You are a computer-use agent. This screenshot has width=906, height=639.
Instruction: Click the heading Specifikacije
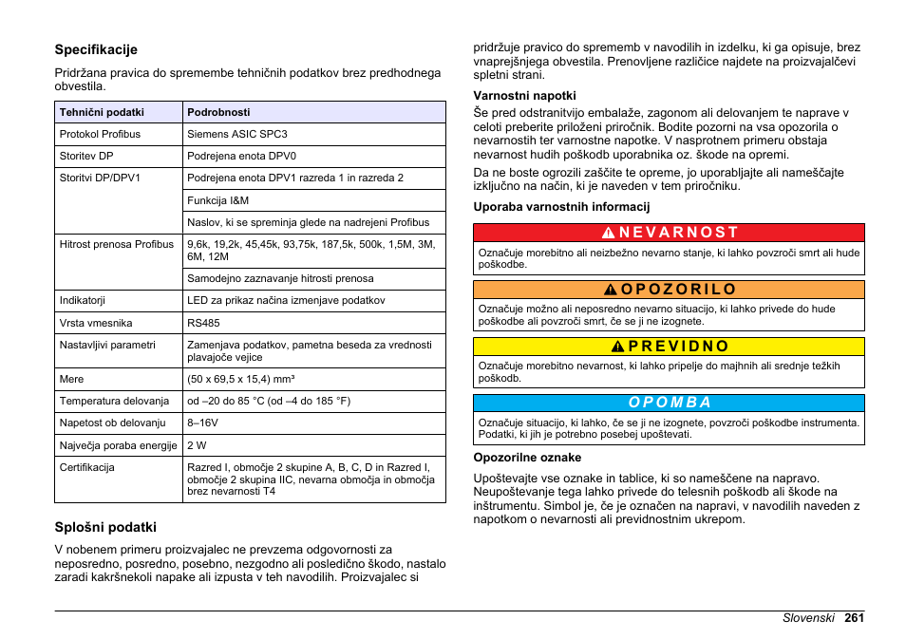[96, 49]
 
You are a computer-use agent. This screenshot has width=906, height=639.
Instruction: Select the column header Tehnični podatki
[102, 112]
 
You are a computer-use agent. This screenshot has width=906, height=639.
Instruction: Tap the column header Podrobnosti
[218, 112]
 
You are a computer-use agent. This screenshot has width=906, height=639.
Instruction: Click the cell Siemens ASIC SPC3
[237, 134]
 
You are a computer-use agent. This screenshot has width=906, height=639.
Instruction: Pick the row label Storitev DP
[86, 156]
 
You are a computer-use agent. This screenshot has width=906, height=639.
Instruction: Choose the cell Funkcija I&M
[218, 200]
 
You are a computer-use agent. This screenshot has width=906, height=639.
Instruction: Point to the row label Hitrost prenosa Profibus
[117, 244]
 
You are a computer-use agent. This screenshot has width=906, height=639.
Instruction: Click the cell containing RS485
[204, 323]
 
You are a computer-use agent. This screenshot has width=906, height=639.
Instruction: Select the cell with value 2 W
[197, 445]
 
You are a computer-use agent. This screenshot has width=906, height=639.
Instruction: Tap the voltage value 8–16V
[203, 423]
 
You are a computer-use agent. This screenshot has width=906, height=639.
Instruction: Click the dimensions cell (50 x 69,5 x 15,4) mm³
[240, 379]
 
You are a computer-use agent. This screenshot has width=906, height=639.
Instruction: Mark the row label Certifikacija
[87, 467]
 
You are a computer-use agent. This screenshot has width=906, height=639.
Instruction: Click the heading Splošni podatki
[105, 527]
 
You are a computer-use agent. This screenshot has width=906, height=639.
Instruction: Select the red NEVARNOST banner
[669, 232]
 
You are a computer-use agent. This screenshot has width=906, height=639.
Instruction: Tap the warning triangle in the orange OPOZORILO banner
[613, 290]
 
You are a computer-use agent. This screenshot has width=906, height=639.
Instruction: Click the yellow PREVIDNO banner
[669, 347]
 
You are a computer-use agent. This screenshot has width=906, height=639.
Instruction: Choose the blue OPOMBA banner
[669, 403]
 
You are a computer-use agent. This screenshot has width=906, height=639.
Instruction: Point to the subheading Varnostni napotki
[525, 95]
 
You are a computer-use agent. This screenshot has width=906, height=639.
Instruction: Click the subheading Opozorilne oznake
[527, 458]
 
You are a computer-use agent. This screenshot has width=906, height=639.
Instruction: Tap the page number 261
[853, 617]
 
